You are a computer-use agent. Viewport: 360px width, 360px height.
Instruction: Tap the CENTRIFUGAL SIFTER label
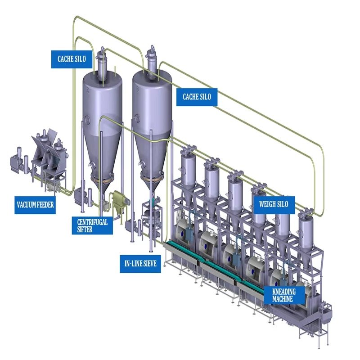tap(92, 225)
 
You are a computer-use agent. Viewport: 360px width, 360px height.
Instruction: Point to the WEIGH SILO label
tap(273, 204)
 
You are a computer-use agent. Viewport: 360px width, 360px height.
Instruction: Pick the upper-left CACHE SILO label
tap(72, 58)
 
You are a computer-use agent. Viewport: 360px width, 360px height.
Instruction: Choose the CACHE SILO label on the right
tap(197, 96)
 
